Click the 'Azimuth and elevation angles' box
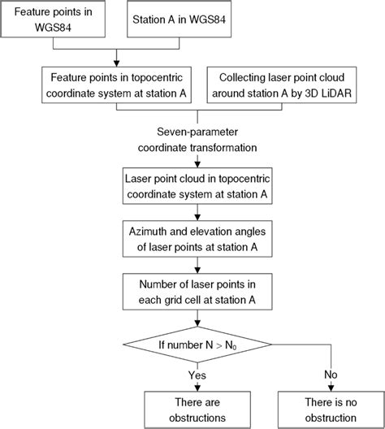192,236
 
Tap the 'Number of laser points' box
192,288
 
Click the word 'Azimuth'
150,229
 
